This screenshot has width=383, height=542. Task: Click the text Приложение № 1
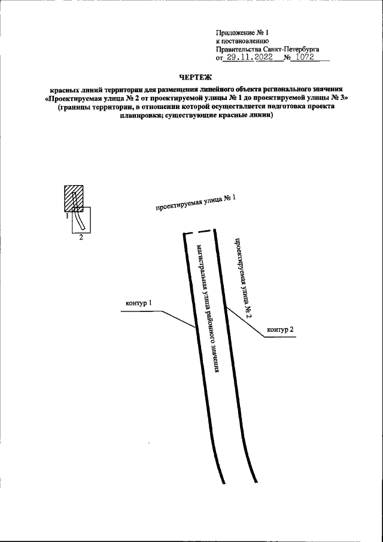click(242, 32)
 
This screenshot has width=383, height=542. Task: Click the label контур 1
click(139, 303)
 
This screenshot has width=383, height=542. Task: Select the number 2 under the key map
click(81, 238)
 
